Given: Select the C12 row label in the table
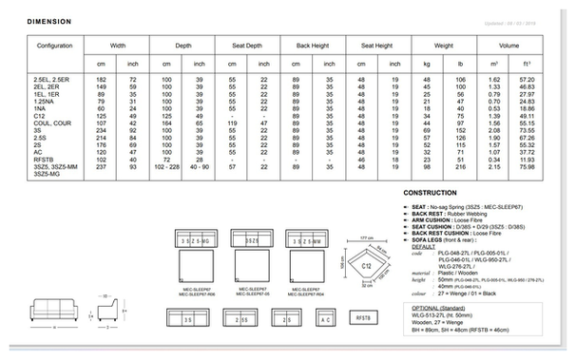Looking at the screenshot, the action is [x=40, y=114].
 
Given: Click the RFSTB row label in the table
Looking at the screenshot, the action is [x=44, y=161].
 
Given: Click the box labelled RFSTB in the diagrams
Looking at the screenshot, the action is [x=363, y=320].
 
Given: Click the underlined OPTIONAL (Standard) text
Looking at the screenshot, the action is [x=438, y=308].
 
